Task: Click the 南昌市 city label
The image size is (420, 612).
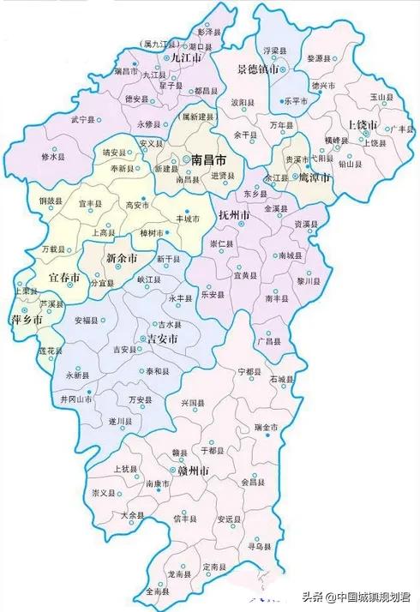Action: coord(208,160)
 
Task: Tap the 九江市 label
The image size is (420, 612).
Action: coord(186,57)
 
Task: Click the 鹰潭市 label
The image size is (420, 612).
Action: coord(314,177)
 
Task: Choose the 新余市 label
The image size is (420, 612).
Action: coord(121,258)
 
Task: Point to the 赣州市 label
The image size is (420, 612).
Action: coord(193,470)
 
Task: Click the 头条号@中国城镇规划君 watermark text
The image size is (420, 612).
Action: coord(357,596)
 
